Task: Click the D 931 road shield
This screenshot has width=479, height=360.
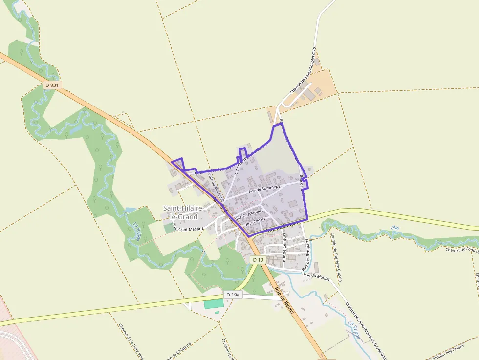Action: coord(51,85)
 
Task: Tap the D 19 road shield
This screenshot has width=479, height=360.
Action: coord(258,260)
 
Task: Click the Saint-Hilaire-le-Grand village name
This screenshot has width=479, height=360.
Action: coord(180,212)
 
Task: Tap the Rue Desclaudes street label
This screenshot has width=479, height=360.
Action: coord(249,214)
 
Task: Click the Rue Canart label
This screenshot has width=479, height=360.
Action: coord(255,221)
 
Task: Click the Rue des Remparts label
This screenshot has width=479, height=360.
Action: coord(307,254)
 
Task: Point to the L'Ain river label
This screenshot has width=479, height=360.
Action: coord(395,228)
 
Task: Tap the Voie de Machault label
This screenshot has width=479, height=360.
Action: coord(216,187)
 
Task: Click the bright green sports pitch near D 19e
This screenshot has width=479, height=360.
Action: coord(214,303)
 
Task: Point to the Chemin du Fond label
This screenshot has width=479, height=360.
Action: coord(462,250)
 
